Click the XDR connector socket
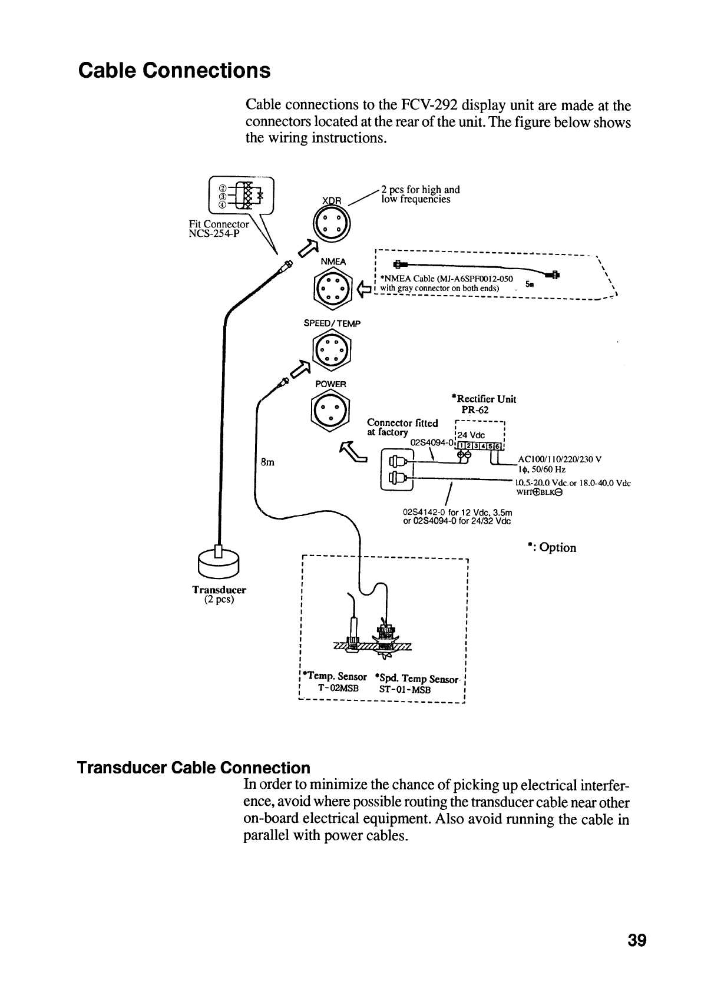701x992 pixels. [x=333, y=224]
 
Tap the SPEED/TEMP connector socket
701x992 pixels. [x=332, y=351]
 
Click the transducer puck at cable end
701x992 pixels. [x=219, y=563]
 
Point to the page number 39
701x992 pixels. [x=637, y=940]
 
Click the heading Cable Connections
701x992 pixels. [x=174, y=71]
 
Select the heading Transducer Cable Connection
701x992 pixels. [x=194, y=768]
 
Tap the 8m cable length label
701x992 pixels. [x=267, y=462]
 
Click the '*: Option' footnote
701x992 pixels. [x=551, y=548]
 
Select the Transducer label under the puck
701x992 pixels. [x=219, y=590]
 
